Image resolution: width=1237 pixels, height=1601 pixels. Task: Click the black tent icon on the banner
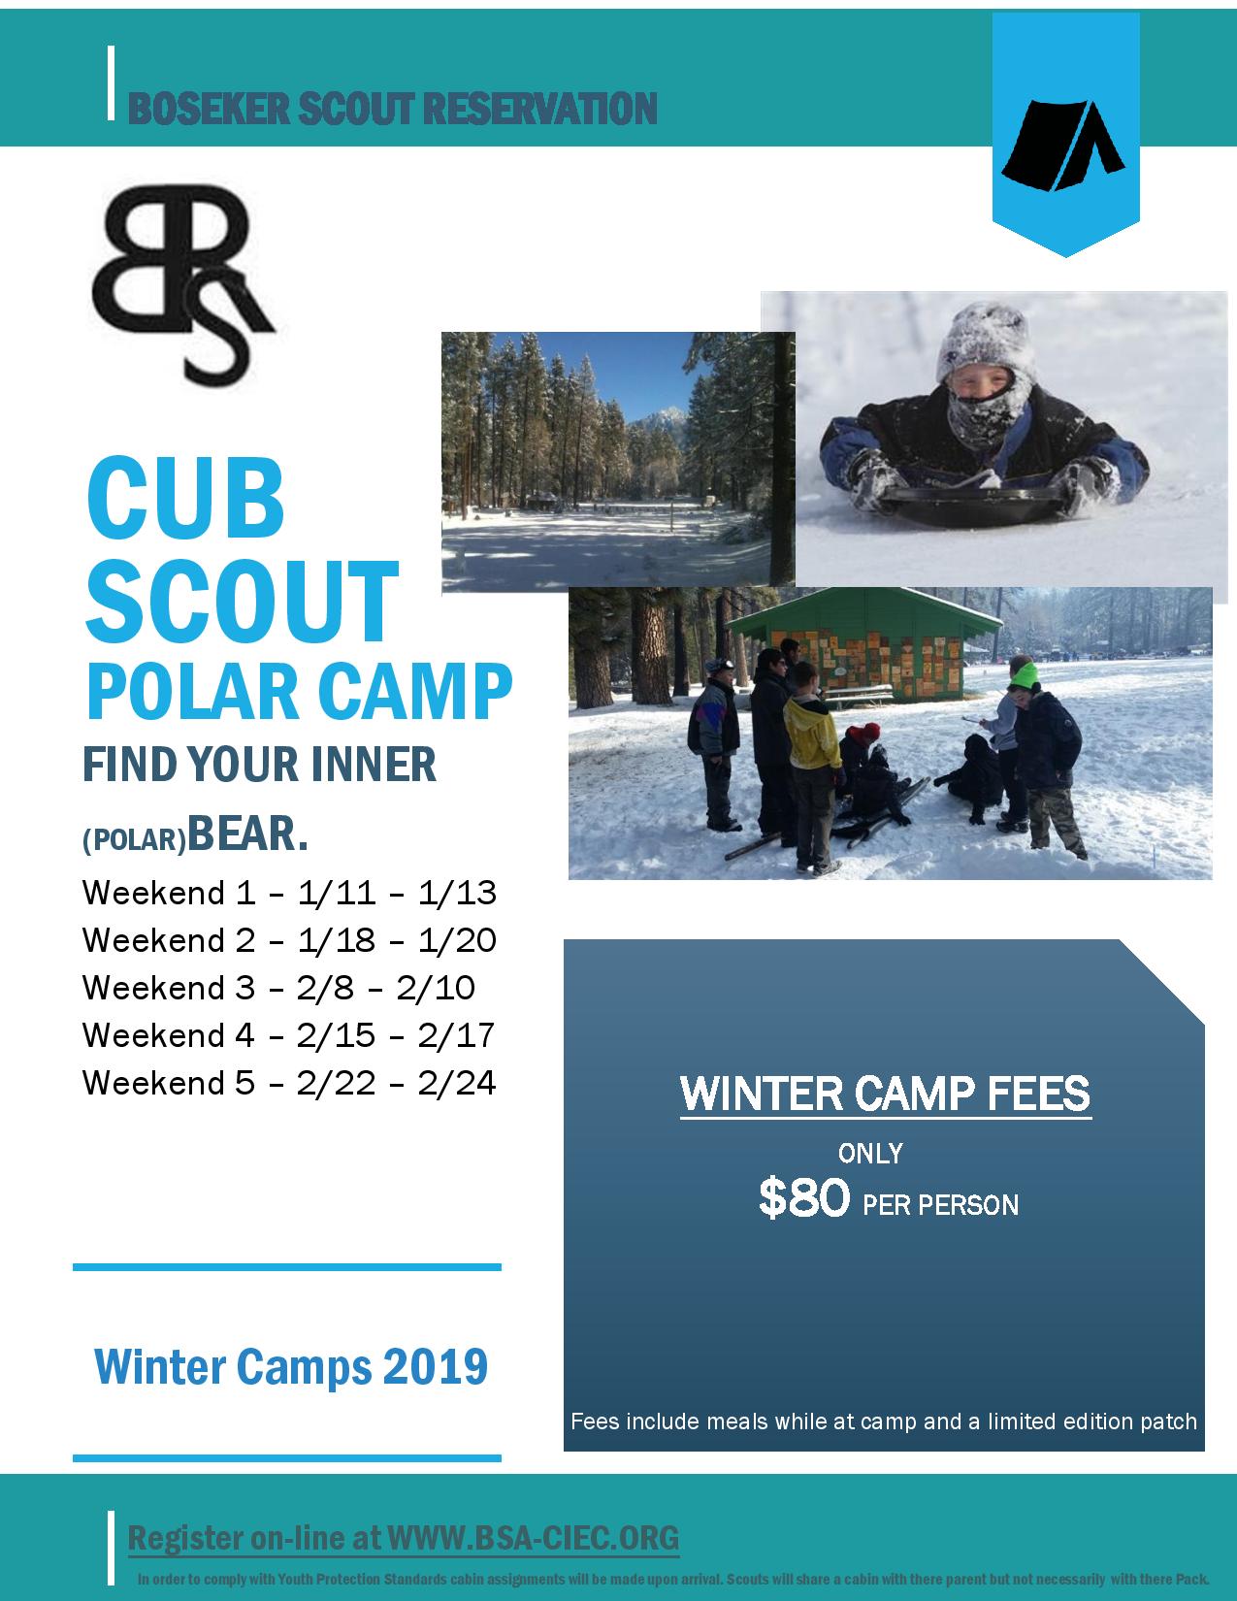[x=1062, y=146]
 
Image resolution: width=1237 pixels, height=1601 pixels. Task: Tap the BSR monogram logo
[x=182, y=286]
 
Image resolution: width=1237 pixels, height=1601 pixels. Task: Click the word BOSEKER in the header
[x=210, y=109]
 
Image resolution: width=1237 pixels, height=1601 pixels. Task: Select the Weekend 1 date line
[x=289, y=893]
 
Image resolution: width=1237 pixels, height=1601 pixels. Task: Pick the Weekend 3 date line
[x=278, y=988]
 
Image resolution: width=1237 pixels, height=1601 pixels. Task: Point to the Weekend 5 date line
[x=289, y=1083]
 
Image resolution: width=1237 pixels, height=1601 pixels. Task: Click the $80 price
[x=804, y=1198]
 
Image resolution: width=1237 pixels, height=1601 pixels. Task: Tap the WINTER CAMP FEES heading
[x=885, y=1094]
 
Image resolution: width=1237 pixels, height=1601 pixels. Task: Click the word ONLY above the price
[x=870, y=1154]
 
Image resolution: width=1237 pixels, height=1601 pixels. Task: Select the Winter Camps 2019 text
[x=291, y=1367]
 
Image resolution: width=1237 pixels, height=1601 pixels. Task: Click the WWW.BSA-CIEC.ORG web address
[x=534, y=1538]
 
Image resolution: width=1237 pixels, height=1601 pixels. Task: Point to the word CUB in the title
[x=185, y=498]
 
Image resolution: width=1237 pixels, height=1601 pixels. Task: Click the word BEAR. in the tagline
[x=247, y=834]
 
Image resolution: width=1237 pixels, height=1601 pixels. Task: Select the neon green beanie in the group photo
[x=1025, y=675]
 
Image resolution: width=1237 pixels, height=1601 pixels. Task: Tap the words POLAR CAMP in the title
[x=299, y=692]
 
